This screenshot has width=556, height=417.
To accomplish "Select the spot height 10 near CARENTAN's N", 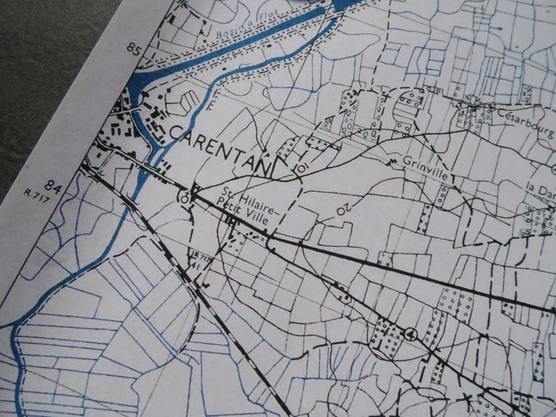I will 301,167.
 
